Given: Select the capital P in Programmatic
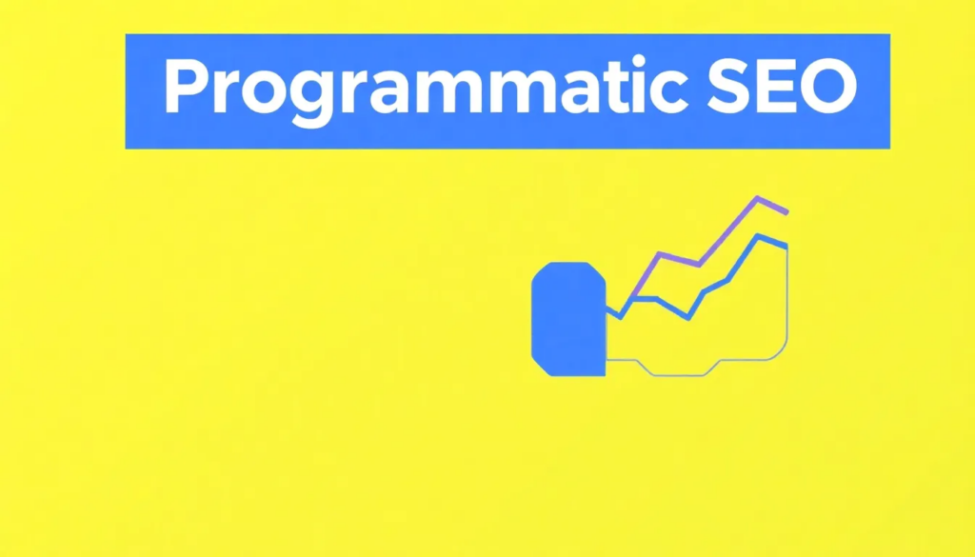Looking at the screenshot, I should pyautogui.click(x=186, y=88).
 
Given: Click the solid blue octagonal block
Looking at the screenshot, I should pyautogui.click(x=568, y=319).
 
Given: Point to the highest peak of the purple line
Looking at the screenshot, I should pyautogui.click(x=758, y=198).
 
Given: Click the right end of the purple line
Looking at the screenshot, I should pyautogui.click(x=787, y=212).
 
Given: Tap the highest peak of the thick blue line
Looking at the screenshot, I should pyautogui.click(x=758, y=236).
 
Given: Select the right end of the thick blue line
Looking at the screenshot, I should pyautogui.click(x=786, y=247).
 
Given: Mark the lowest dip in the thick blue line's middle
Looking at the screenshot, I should pyautogui.click(x=688, y=318).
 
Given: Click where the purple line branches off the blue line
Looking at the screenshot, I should pyautogui.click(x=630, y=298).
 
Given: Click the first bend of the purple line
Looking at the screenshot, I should pyautogui.click(x=659, y=253).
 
